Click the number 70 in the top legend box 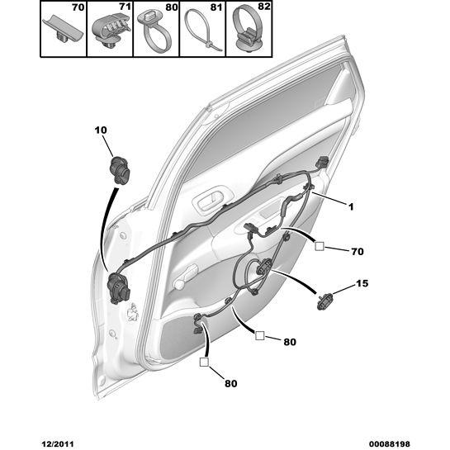pos(78,7)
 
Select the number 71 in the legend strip pos(125,7)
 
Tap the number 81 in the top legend pos(216,7)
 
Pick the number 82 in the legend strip pos(263,7)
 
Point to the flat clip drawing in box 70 pos(63,31)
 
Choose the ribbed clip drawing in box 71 pos(111,31)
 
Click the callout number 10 pos(101,130)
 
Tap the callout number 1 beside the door pos(351,206)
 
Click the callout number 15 pos(362,283)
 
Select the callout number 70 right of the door pos(358,252)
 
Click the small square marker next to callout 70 pos(320,246)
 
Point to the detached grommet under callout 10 pos(120,170)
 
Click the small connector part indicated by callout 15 pos(324,301)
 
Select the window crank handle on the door pos(185,277)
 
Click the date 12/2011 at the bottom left pos(58,444)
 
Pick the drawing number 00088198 pos(389,444)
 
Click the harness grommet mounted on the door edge pos(118,288)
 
